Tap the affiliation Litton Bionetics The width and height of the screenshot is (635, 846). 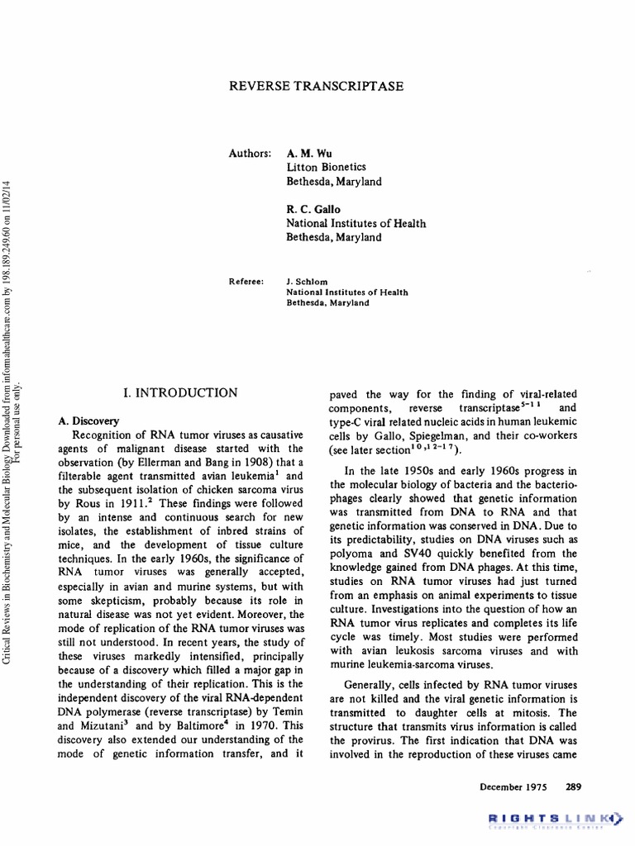coord(326,168)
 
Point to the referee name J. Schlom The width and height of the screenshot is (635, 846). coord(308,282)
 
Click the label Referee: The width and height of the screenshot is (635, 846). coord(246,282)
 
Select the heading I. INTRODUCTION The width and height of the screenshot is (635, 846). coord(180,393)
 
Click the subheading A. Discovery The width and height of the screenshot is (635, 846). coord(88,421)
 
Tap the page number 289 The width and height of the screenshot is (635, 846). coord(574,787)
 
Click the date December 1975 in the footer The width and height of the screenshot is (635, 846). coord(513,787)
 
